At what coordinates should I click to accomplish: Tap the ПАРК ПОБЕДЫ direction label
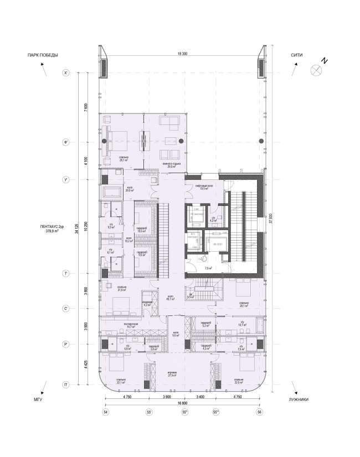[x=39, y=55]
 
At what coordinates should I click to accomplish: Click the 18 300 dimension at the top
[x=181, y=54]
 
